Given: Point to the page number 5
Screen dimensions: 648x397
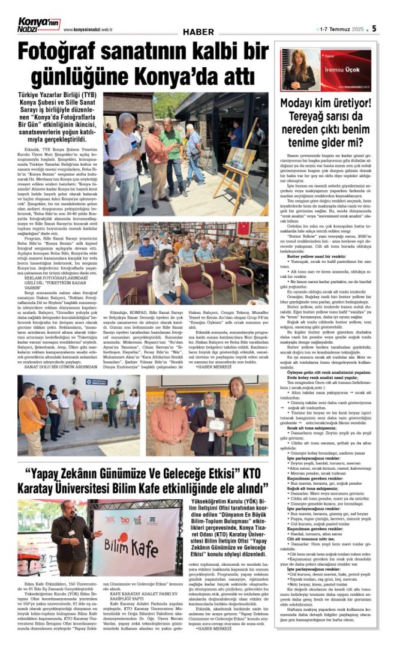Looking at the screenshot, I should pyautogui.click(x=374, y=28).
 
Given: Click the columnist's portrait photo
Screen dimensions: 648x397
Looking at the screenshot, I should pyautogui.click(x=298, y=70).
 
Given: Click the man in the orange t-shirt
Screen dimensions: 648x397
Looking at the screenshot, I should pyautogui.click(x=29, y=408).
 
